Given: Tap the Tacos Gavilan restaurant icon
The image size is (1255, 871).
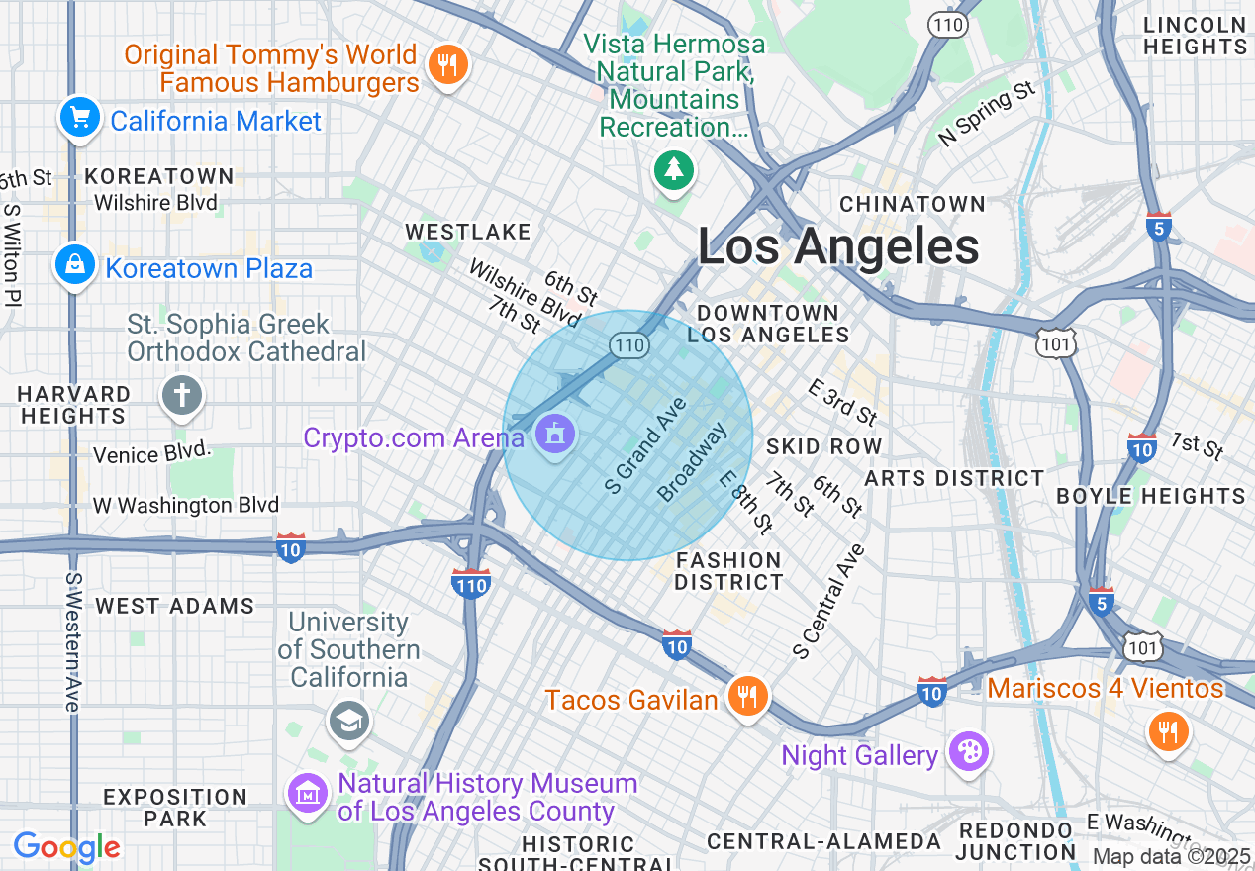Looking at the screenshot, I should pyautogui.click(x=748, y=697).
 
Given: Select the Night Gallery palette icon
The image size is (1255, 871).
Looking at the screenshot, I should pyautogui.click(x=968, y=752).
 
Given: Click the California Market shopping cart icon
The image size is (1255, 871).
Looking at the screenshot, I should pyautogui.click(x=79, y=119).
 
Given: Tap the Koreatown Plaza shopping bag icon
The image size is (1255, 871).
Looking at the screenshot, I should pyautogui.click(x=74, y=265).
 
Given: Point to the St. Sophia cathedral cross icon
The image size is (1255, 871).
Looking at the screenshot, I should pyautogui.click(x=182, y=396).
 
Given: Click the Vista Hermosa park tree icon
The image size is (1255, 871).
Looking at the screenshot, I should pyautogui.click(x=674, y=169).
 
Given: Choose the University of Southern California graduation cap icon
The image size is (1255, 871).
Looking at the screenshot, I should pyautogui.click(x=348, y=722).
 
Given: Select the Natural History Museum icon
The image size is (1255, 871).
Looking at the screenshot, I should pyautogui.click(x=308, y=793).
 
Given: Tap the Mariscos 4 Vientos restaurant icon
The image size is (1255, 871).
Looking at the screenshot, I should pyautogui.click(x=1168, y=731).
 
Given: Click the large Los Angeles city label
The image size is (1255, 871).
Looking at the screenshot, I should pyautogui.click(x=838, y=246).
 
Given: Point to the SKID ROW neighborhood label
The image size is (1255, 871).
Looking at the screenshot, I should pyautogui.click(x=823, y=446).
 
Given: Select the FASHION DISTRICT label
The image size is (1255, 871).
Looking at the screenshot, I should pyautogui.click(x=728, y=571).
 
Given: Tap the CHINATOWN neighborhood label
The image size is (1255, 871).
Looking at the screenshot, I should pyautogui.click(x=912, y=204).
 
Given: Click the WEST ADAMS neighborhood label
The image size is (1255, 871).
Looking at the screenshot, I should pyautogui.click(x=174, y=606).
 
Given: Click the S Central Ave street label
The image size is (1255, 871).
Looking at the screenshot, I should pyautogui.click(x=828, y=602).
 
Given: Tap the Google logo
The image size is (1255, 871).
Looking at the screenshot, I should pyautogui.click(x=66, y=847).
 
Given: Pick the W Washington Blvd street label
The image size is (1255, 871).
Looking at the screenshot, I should pyautogui.click(x=186, y=505).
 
